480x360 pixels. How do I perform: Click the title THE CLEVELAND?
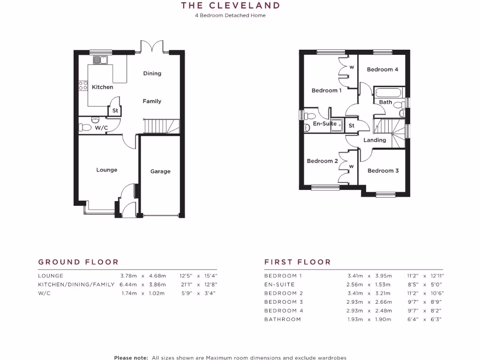(231, 6)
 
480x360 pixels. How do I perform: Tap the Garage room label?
(160, 172)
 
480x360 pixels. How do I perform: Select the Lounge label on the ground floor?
(107, 170)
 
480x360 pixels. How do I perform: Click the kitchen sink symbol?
(100, 60)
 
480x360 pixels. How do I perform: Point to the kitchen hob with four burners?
(83, 85)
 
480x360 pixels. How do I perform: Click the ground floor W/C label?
(102, 127)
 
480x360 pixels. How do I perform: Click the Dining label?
(152, 73)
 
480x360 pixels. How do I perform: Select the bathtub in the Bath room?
(389, 92)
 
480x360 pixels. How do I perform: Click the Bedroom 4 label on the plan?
(382, 69)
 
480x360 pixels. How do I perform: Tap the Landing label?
(375, 140)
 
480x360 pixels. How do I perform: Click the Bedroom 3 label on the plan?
(383, 171)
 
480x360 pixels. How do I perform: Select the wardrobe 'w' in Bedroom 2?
(351, 166)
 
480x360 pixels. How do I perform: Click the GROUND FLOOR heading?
(78, 262)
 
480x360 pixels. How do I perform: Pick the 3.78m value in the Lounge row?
(128, 276)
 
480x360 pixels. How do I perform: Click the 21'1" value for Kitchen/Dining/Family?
(187, 285)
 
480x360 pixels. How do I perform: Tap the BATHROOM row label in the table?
(283, 319)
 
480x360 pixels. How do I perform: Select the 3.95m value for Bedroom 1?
(383, 276)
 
